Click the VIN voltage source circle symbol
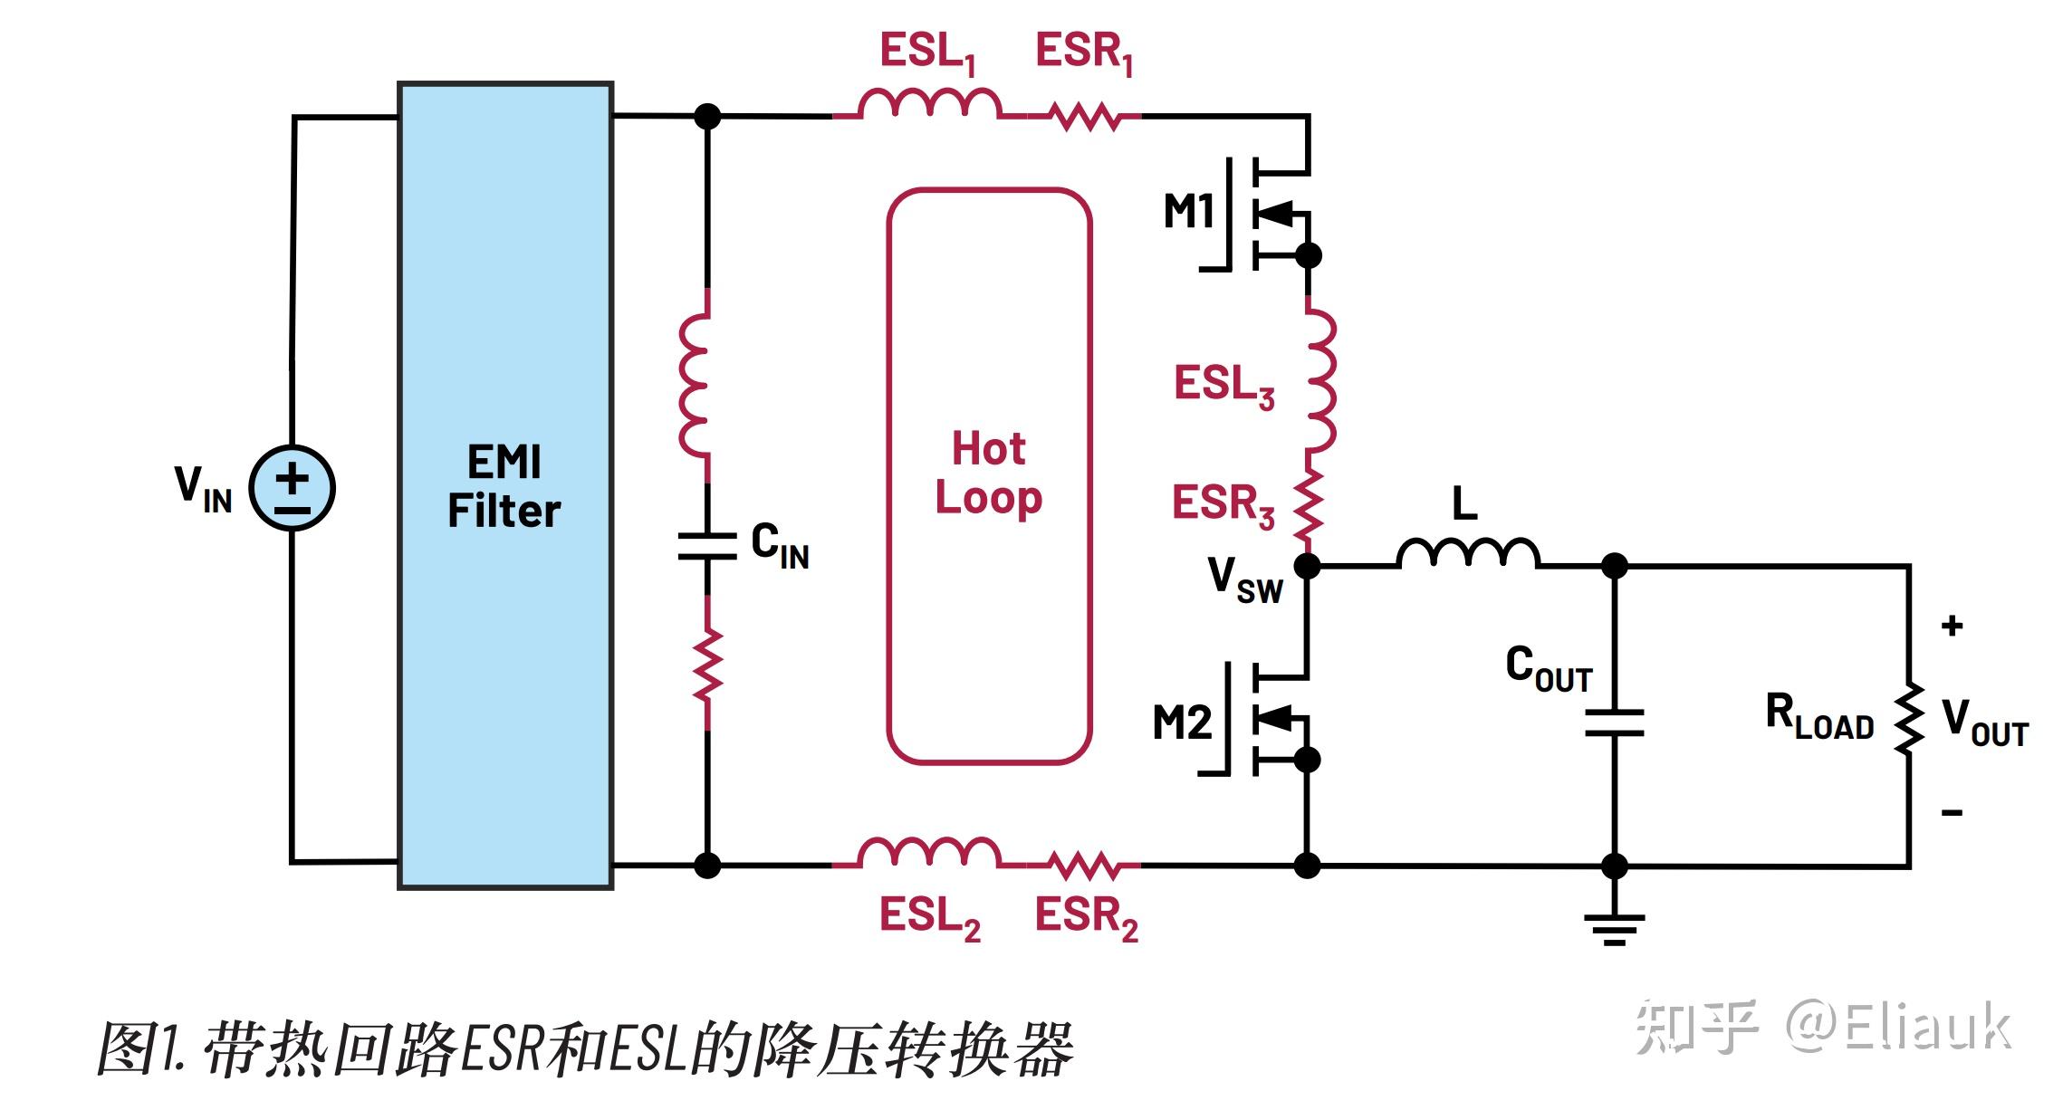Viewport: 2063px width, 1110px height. (x=292, y=488)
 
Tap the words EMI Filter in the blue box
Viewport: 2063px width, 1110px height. (x=504, y=486)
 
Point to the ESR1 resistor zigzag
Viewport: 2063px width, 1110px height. (x=1084, y=117)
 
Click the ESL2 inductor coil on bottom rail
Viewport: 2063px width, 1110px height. (x=928, y=853)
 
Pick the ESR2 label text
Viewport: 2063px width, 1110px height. (x=1085, y=916)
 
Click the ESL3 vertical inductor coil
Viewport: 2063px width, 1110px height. (x=1319, y=380)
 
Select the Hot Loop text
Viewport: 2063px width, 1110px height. (x=989, y=473)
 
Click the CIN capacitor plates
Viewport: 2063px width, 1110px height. (x=707, y=545)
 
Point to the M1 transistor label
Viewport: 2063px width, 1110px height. (x=1188, y=213)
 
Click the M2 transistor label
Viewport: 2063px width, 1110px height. (x=1182, y=722)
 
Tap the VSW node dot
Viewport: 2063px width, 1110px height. (x=1307, y=566)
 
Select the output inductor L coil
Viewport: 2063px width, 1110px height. (x=1467, y=553)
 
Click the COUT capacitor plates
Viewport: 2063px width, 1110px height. (x=1614, y=722)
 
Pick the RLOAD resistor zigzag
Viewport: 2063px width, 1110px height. (x=1909, y=718)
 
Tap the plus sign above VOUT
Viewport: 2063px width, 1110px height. (x=1952, y=626)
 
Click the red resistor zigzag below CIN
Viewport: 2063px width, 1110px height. (x=707, y=665)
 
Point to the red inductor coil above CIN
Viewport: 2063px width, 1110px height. (x=695, y=385)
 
